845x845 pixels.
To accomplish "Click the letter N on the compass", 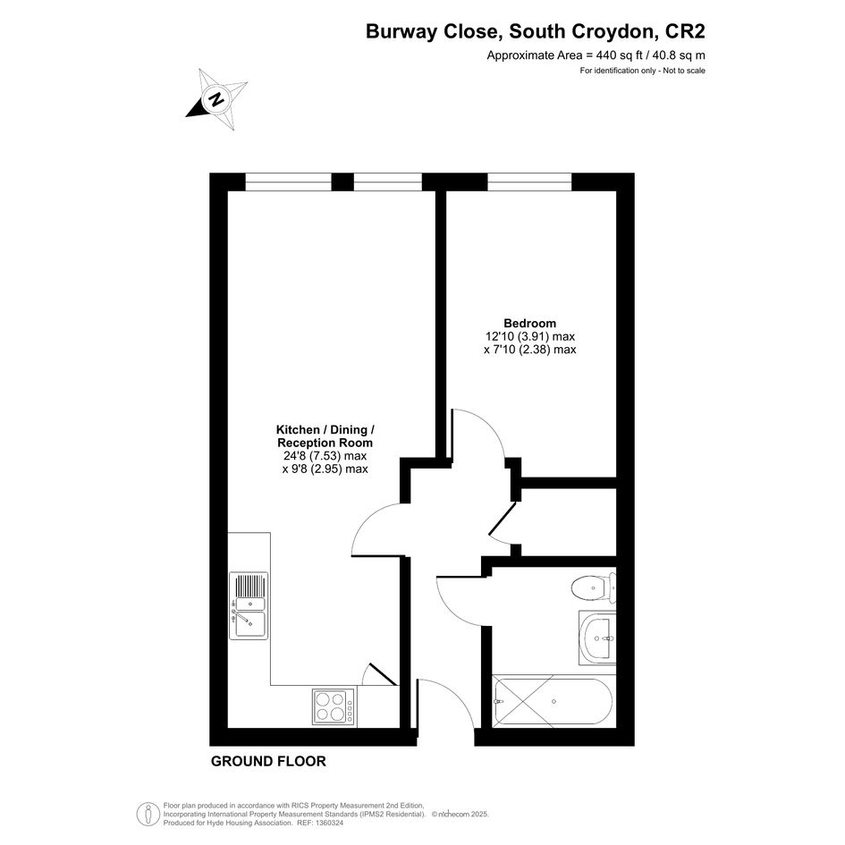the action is coord(216,99).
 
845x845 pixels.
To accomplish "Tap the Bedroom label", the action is coord(529,324).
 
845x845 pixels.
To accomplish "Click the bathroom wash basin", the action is coord(597,638).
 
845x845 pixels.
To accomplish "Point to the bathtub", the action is coord(553,702).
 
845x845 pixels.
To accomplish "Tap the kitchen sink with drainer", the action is coord(249,605).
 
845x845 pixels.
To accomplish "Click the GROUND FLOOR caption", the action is coord(268,762).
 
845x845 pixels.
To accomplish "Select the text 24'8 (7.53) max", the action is coord(325,456).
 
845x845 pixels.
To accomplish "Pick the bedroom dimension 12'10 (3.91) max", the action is coord(530,336).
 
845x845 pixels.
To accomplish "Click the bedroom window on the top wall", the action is coord(529,182).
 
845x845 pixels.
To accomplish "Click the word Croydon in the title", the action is coord(614,32).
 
